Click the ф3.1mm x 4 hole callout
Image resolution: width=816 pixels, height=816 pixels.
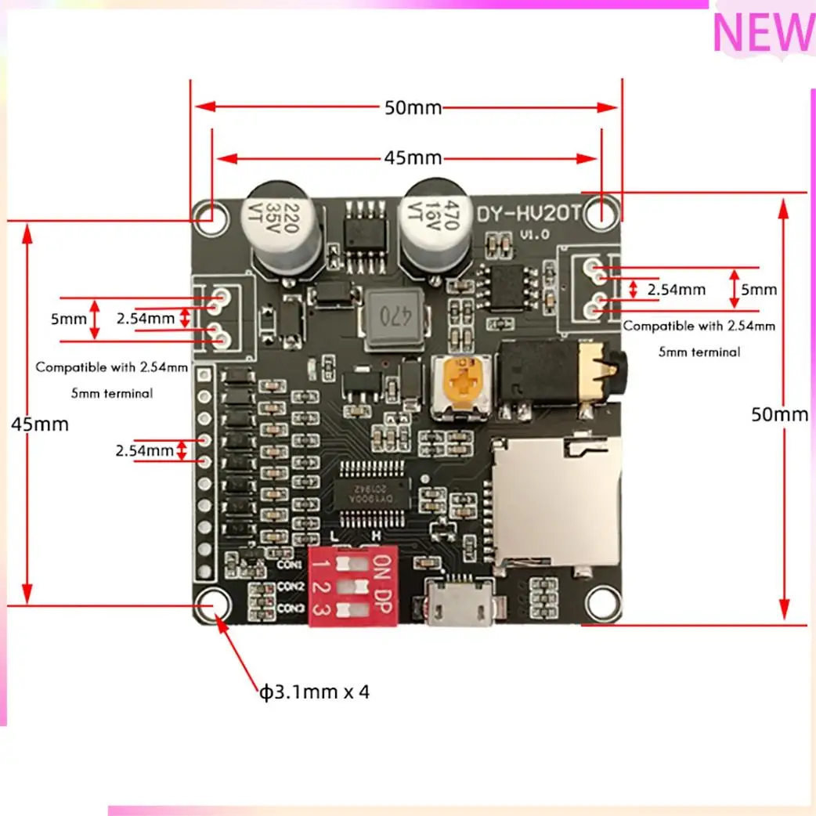314,692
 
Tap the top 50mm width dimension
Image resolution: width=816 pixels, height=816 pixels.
413,108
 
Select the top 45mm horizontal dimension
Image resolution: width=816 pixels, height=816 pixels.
413,158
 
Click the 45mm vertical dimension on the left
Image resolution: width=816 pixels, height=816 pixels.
40,424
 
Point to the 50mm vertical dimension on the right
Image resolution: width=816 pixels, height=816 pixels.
779,414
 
